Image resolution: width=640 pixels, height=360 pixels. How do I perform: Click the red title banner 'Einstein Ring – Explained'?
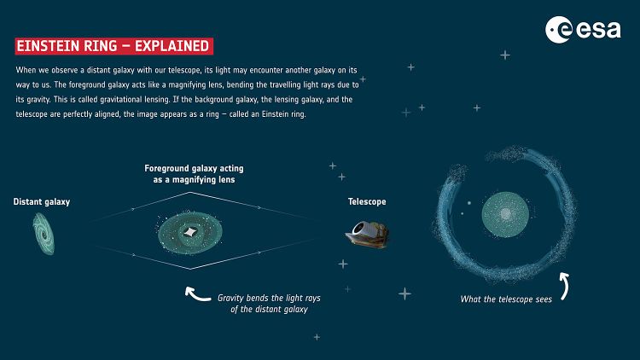pos(113,44)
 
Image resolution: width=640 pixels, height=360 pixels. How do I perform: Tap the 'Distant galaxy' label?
pos(41,202)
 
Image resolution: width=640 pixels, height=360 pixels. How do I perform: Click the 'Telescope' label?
pos(367,202)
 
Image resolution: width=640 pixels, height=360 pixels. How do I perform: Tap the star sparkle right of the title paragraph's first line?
pos(504,55)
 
